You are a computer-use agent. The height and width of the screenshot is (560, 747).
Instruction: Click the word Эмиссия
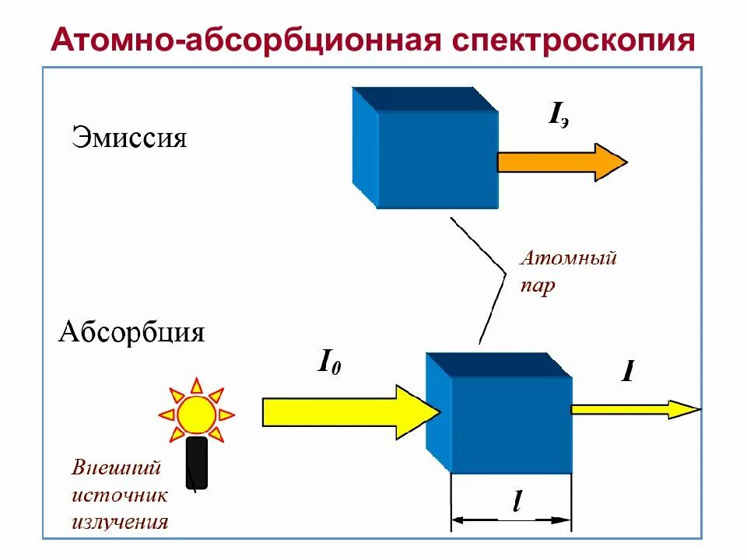coord(130,138)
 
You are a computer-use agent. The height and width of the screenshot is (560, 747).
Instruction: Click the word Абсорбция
coord(132,333)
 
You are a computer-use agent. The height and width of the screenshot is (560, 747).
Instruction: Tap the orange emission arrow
coord(561,162)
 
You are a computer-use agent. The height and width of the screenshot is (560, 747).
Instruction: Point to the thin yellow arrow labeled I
coord(634,409)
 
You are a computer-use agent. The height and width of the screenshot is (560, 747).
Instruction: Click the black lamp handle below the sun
coord(197,462)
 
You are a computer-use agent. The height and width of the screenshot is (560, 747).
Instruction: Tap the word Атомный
coord(568,257)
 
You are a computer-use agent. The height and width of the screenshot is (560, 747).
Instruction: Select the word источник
coord(120,495)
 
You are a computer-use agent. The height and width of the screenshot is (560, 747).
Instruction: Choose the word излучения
coord(120,520)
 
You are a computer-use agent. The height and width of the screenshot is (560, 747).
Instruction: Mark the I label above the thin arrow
coord(627,373)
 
